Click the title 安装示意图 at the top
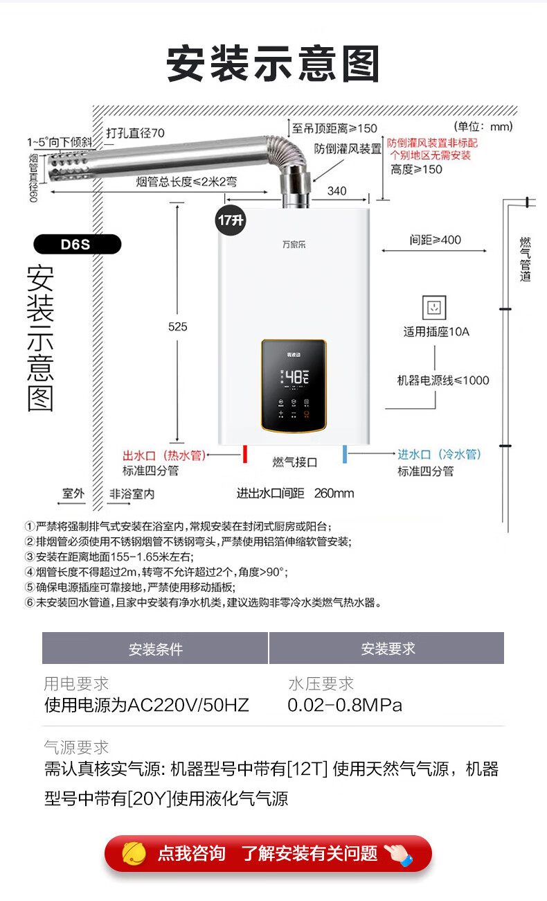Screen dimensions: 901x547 click(273, 64)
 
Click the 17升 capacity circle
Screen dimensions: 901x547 click(231, 220)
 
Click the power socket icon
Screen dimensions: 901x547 click(434, 307)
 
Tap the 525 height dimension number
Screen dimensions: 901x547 click(178, 326)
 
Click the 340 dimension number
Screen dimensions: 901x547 click(337, 191)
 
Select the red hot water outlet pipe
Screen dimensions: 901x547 click(245, 454)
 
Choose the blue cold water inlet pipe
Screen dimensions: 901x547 click(345, 455)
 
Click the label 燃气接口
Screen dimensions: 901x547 click(294, 462)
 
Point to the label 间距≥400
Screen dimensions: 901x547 click(435, 240)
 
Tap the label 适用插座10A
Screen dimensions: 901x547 click(436, 332)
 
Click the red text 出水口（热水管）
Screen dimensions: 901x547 click(164, 455)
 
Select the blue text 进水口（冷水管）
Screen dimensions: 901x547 click(439, 455)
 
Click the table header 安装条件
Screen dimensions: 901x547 click(156, 649)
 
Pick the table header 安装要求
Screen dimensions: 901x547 click(388, 649)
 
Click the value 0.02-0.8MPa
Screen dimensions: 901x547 click(345, 706)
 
